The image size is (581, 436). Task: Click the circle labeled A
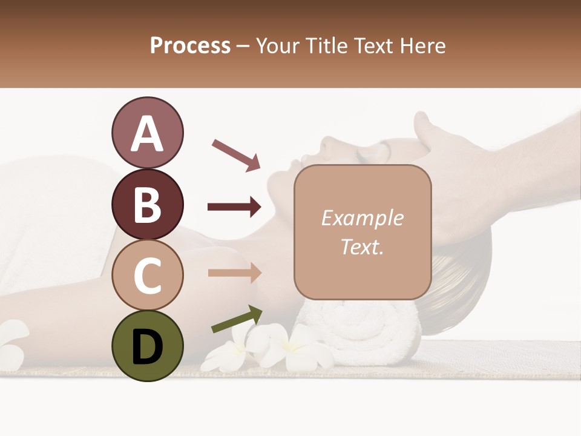point(147,133)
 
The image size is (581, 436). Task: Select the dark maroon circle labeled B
point(147,204)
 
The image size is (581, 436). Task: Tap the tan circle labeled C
point(147,275)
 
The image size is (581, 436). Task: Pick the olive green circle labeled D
point(147,346)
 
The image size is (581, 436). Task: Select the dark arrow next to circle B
point(234,207)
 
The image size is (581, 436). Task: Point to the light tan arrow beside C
point(234,272)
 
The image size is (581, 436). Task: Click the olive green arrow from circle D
point(237,319)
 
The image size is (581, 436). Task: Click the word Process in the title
point(190,45)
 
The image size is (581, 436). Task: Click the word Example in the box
point(362,218)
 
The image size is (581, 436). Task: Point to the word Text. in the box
point(362,246)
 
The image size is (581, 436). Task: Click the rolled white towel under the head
point(363,330)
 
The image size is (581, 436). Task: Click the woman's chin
point(280,182)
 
